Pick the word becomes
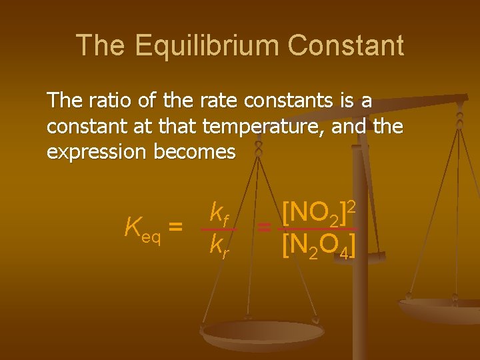(x=195, y=152)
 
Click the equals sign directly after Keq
(x=175, y=227)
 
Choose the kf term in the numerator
(x=219, y=213)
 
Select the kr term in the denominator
(x=219, y=245)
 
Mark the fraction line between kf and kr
(x=219, y=229)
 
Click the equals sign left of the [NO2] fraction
(x=264, y=229)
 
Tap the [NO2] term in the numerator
(x=311, y=214)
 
